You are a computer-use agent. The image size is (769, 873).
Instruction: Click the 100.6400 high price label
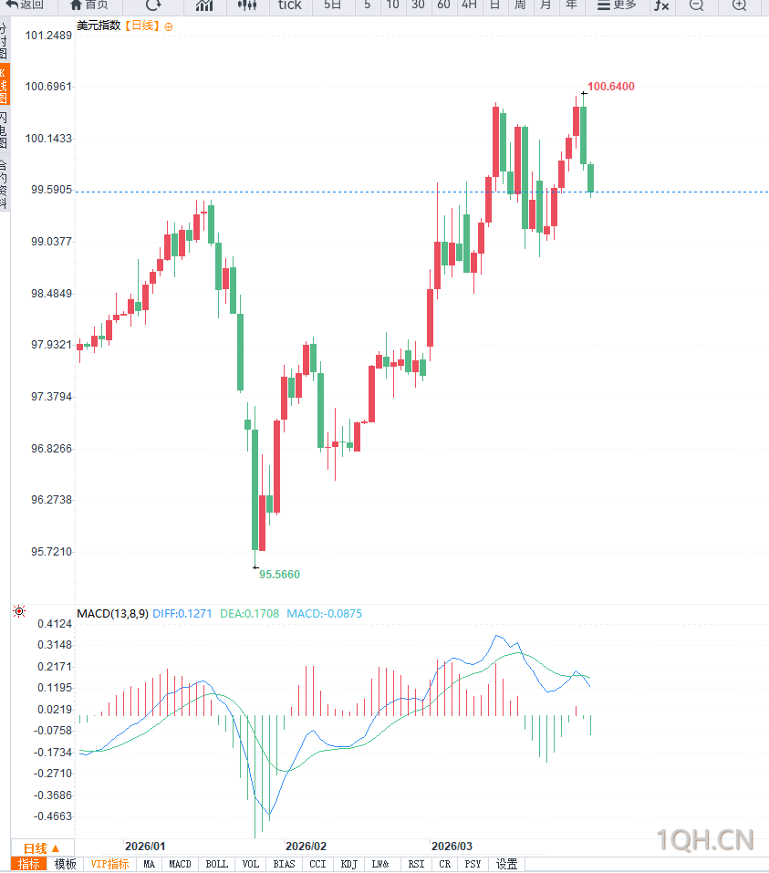(610, 87)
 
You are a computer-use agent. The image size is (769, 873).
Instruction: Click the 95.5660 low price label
(279, 575)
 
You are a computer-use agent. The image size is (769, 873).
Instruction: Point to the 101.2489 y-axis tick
(49, 36)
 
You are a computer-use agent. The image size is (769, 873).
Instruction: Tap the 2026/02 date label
(306, 847)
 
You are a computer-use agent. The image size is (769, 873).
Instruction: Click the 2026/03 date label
(452, 847)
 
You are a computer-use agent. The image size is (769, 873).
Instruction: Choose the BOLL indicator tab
(217, 864)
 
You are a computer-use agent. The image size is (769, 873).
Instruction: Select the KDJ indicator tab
(348, 864)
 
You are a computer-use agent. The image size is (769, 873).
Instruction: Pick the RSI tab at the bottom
(416, 864)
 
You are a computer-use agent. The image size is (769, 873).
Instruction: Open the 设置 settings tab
(506, 864)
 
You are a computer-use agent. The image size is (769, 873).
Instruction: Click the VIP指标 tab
(109, 864)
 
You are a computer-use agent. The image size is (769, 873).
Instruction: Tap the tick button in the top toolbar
(289, 5)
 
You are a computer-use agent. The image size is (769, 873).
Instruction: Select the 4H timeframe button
(469, 5)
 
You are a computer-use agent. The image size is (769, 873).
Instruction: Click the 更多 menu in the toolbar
(617, 5)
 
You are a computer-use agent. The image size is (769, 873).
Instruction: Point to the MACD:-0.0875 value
(324, 614)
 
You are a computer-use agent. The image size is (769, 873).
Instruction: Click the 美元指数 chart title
(99, 26)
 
